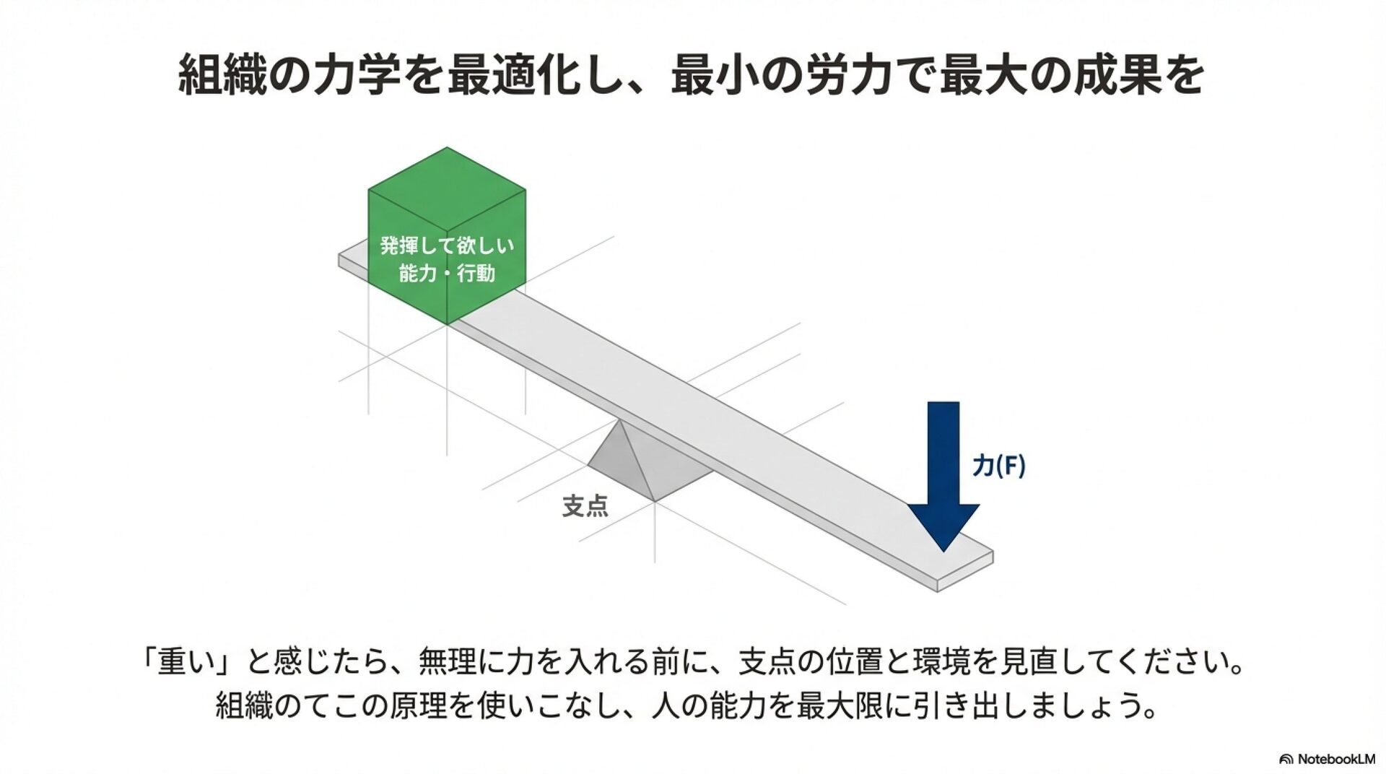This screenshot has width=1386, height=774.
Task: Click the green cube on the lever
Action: [446, 245]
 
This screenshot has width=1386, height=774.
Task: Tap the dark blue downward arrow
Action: [943, 469]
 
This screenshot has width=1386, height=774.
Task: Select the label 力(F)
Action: [998, 466]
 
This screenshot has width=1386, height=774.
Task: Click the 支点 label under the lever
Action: [585, 505]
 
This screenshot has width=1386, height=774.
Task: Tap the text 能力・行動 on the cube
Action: [447, 274]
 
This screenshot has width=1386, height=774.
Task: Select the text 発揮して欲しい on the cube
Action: [447, 245]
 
